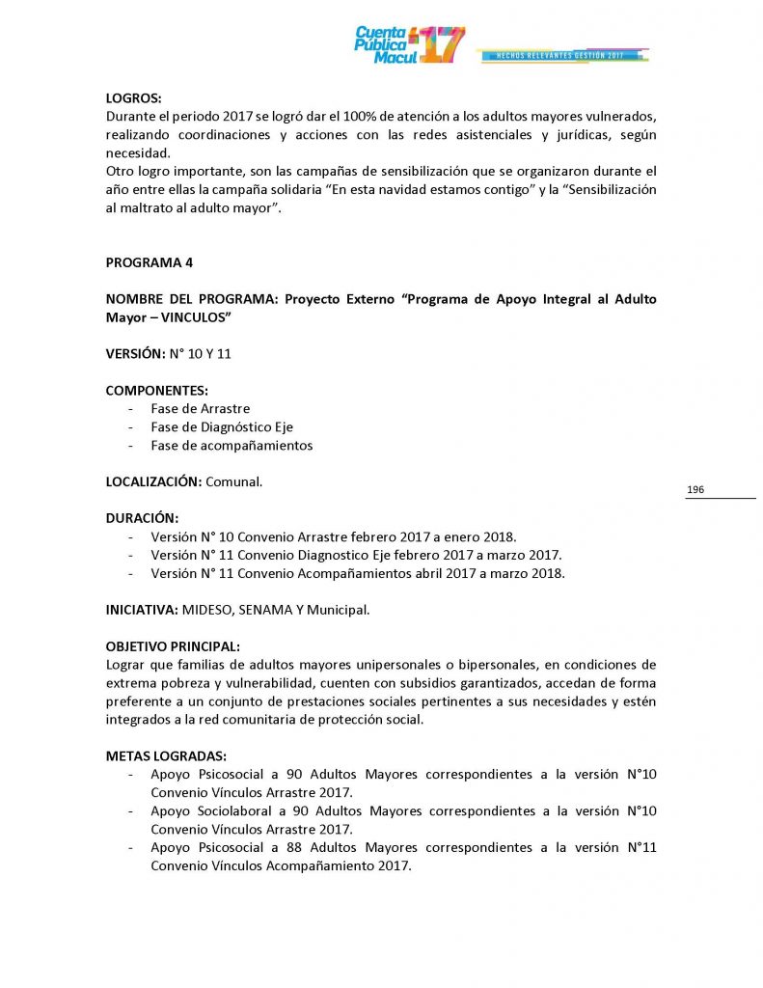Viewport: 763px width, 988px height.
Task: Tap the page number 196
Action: click(695, 490)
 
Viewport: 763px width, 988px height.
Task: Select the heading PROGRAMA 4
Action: click(150, 262)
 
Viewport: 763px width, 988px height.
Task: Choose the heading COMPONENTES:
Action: click(157, 391)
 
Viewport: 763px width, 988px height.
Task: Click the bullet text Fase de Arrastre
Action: click(200, 409)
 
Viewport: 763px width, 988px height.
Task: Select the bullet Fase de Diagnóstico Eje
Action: click(222, 427)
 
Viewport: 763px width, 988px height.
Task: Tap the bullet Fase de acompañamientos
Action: click(232, 446)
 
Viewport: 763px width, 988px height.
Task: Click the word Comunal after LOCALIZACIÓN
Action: click(233, 481)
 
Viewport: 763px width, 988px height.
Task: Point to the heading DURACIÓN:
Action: click(142, 518)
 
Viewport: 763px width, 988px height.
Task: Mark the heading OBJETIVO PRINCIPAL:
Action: click(173, 646)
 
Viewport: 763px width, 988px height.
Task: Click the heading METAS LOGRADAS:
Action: click(166, 756)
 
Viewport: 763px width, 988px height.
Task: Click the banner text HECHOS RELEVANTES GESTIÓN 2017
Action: click(559, 56)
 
